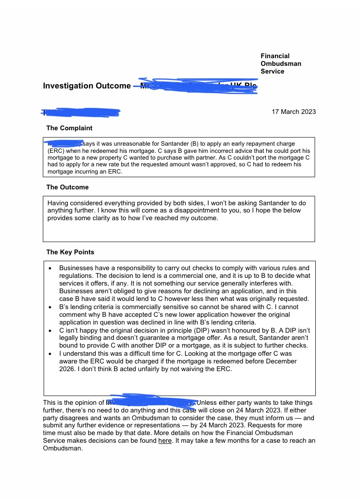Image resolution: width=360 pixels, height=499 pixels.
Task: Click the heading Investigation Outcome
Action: pyautogui.click(x=87, y=86)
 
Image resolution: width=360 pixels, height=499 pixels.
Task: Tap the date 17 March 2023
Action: pyautogui.click(x=294, y=112)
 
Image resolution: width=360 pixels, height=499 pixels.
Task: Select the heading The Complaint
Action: pyautogui.click(x=69, y=128)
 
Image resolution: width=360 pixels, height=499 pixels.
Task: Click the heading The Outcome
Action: pyautogui.click(x=67, y=187)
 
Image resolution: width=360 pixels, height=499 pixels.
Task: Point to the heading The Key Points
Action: pyautogui.click(x=70, y=252)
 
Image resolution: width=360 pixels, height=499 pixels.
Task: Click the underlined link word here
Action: pyautogui.click(x=165, y=440)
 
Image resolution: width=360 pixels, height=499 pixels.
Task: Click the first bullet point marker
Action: pyautogui.click(x=50, y=268)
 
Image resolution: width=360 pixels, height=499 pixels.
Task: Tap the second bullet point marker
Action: pyautogui.click(x=50, y=307)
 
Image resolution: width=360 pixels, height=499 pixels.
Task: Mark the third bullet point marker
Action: pyautogui.click(x=50, y=331)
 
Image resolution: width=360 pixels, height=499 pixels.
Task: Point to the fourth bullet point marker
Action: pyautogui.click(x=50, y=354)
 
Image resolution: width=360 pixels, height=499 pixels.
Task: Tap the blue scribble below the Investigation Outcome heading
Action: pyautogui.click(x=81, y=112)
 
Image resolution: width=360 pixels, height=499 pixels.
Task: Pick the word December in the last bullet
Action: pyautogui.click(x=279, y=361)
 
